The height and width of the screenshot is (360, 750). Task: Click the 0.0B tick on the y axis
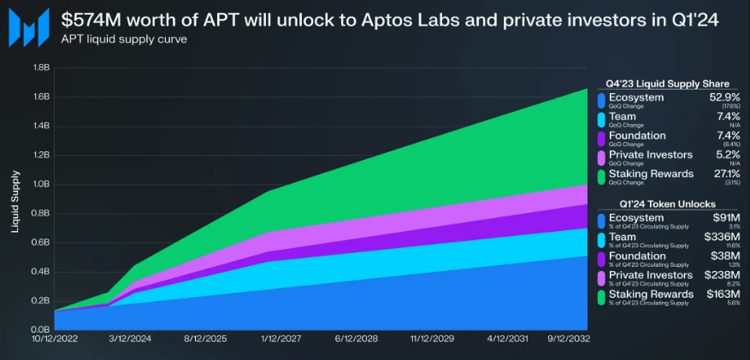[39, 329]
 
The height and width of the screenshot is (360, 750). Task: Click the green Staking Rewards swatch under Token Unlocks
[603, 297]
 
